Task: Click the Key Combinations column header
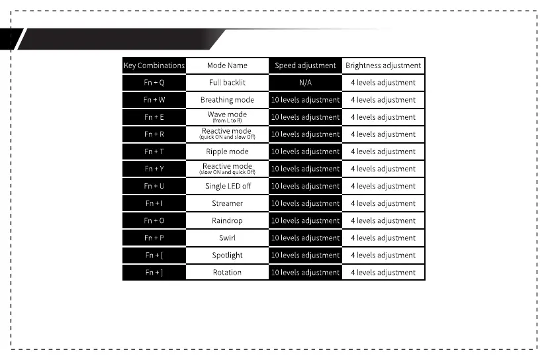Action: (x=154, y=66)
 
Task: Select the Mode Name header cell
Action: (x=227, y=66)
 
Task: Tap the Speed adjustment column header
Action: (x=305, y=66)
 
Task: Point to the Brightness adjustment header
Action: (x=383, y=66)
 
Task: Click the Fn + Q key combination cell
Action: (x=154, y=83)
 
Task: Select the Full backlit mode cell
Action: (x=227, y=83)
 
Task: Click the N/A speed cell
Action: (x=305, y=83)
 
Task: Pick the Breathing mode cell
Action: (x=227, y=100)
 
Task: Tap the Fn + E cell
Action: (x=154, y=117)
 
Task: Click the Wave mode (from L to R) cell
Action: (x=227, y=117)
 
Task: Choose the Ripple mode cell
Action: (x=227, y=152)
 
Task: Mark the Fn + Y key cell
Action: (x=154, y=169)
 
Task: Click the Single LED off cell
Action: (x=227, y=186)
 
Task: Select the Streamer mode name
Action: (x=227, y=203)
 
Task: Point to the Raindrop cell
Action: (x=227, y=220)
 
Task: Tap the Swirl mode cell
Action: (x=227, y=238)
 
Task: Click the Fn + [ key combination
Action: (x=154, y=255)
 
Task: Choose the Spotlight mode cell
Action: (x=227, y=255)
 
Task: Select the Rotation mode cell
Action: (x=227, y=272)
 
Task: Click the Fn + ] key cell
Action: (x=154, y=272)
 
